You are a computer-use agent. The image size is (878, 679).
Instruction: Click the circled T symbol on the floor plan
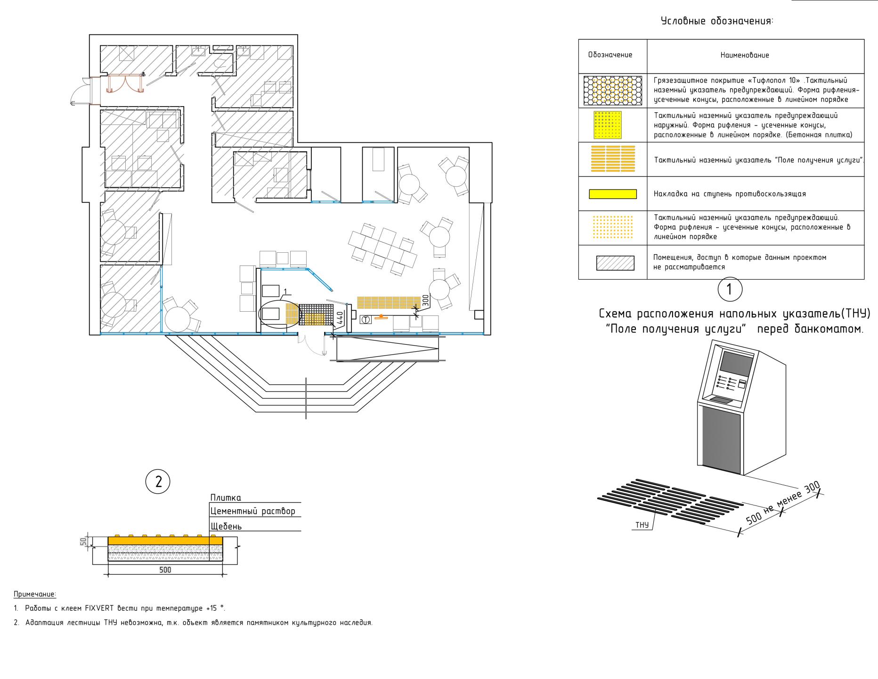(366, 320)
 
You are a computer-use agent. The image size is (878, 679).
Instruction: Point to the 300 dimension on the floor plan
(425, 300)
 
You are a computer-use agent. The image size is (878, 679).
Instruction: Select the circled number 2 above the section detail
(158, 481)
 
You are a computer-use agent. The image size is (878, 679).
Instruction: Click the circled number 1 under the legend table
(730, 290)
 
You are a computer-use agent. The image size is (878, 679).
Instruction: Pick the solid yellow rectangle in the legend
(613, 194)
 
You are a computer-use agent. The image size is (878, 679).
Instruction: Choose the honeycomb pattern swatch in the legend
(613, 91)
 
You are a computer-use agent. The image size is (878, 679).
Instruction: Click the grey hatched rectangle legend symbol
(615, 263)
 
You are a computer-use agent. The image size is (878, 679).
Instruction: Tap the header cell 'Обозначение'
(610, 55)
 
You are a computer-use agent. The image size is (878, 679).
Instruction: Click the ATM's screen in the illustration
(737, 364)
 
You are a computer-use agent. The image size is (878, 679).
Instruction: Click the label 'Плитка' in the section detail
(226, 497)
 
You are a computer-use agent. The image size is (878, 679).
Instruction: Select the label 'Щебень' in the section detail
(226, 526)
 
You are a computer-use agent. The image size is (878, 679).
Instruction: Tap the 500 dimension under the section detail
(165, 570)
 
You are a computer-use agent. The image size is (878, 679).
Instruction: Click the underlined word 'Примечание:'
(35, 594)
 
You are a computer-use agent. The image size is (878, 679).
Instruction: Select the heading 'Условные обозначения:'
(717, 21)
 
